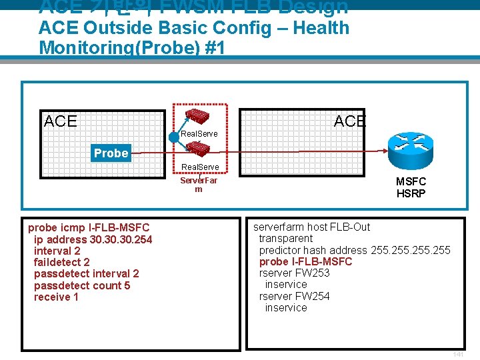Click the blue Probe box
pos(111,153)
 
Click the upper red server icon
pos(198,115)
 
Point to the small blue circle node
pos(175,137)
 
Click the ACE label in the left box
pos(60,121)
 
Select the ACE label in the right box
pos(349,121)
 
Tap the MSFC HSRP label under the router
pos(411,187)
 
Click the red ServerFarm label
pos(199,185)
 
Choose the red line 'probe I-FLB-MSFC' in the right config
pos(305,261)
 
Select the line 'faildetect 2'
pos(61,262)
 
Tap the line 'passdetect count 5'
pos(82,285)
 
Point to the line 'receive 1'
pos(56,297)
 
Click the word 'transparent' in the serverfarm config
pos(285,238)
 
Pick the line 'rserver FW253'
pos(294,273)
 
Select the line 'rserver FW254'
pos(294,296)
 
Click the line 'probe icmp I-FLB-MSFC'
pos(89,227)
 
